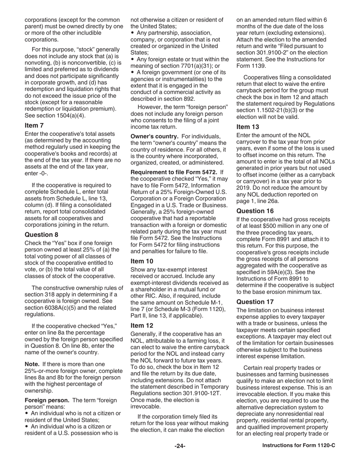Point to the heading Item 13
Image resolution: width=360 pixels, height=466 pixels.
tap(247, 127)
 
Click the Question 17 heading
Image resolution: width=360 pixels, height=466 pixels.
tap(255, 302)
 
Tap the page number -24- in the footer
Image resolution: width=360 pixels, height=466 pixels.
tap(180, 446)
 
